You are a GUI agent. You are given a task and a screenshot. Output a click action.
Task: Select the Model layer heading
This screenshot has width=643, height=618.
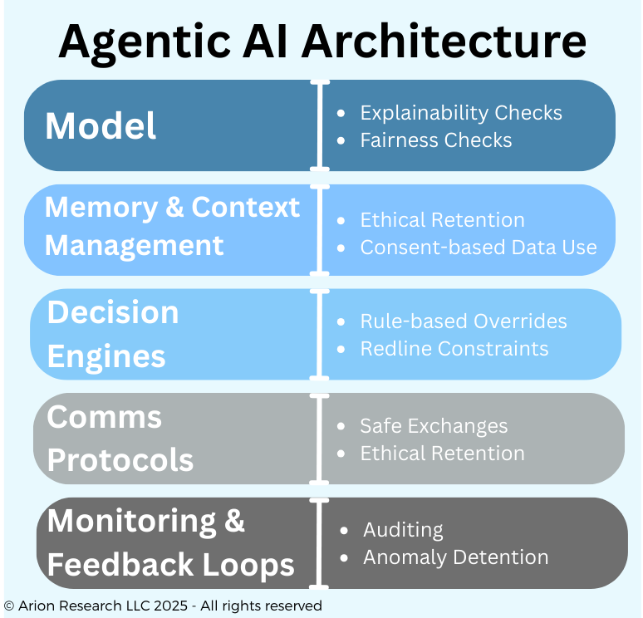tap(101, 126)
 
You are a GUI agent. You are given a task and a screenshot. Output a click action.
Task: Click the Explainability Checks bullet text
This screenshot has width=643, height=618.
tap(460, 113)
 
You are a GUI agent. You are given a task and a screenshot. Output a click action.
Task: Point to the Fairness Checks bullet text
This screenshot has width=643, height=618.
tap(435, 140)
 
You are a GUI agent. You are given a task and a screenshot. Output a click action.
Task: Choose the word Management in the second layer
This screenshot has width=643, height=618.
tap(135, 246)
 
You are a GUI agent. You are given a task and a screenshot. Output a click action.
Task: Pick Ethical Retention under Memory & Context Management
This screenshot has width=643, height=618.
tap(442, 220)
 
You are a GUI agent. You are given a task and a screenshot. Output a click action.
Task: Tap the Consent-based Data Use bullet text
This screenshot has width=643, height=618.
tap(478, 247)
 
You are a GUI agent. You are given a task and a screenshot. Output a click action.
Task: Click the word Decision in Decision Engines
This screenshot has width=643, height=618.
tap(113, 312)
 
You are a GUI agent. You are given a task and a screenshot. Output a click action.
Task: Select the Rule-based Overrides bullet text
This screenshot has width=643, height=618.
tap(464, 321)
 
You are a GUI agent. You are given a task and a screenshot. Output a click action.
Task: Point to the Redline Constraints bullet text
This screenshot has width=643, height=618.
tap(454, 348)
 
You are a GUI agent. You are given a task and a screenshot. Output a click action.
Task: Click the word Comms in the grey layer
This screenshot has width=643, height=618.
tap(104, 416)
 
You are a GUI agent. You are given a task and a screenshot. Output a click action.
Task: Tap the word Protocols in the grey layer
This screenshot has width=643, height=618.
tap(120, 459)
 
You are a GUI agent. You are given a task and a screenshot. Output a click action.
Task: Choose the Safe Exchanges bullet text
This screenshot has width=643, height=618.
tap(434, 426)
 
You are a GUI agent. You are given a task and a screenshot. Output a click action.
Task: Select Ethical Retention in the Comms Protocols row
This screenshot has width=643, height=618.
tap(442, 453)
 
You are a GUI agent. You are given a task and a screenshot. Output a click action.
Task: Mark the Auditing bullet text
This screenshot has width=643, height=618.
tap(403, 530)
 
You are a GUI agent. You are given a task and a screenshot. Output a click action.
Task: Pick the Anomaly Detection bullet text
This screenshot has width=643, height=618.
tap(455, 557)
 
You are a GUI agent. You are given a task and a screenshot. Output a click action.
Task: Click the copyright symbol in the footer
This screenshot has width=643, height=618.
tap(9, 606)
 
